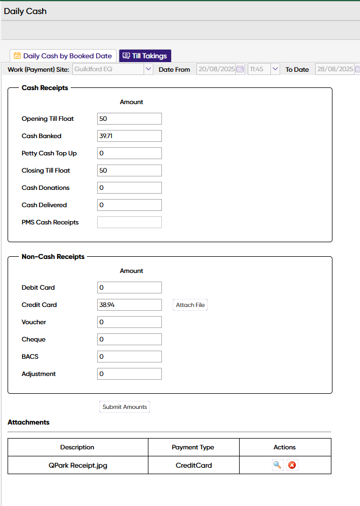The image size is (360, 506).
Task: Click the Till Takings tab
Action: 145,56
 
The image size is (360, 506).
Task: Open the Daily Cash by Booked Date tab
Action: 63,56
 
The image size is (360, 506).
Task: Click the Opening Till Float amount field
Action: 130,119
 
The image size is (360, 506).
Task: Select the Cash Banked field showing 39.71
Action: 130,136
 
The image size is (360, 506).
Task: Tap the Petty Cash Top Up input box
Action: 130,153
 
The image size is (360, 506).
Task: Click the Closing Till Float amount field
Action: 130,170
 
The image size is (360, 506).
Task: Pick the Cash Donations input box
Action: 130,188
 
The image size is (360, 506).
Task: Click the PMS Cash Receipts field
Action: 130,222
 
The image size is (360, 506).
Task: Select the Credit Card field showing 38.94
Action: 130,305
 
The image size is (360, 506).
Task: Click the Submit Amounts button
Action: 125,407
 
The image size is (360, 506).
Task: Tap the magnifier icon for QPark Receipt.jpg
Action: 278,465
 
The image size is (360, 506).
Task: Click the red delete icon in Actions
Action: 292,465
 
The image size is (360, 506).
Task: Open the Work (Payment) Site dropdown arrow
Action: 148,69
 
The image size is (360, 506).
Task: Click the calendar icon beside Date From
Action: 240,69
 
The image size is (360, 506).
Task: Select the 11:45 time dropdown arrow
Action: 275,69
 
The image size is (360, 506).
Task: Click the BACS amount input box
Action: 130,357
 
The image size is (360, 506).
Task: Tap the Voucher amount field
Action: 130,322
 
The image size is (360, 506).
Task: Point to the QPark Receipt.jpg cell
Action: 78,465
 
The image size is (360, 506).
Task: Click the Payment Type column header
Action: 193,447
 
